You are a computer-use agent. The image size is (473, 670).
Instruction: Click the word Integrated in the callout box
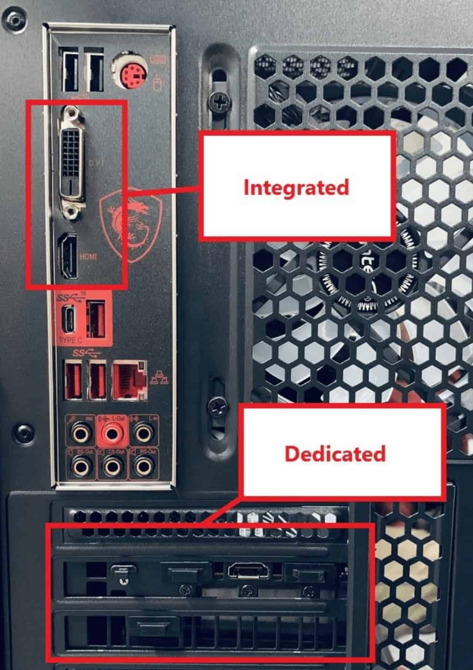[296, 187]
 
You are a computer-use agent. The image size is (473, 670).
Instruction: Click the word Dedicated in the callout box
[335, 454]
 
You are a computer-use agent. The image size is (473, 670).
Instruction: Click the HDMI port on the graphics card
[249, 571]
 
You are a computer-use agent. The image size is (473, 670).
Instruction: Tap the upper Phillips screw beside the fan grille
[219, 99]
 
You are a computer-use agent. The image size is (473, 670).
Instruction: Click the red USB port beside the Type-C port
[96, 320]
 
